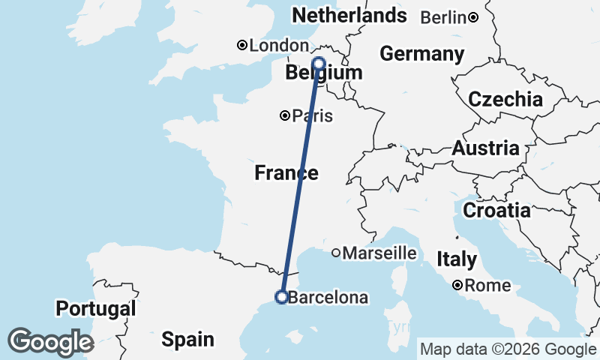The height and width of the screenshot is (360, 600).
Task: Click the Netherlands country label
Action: (349, 15)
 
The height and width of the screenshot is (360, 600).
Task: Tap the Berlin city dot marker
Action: (473, 17)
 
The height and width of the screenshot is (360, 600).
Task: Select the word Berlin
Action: (443, 17)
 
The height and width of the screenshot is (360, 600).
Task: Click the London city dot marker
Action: (242, 45)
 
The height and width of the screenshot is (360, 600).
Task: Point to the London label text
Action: (278, 46)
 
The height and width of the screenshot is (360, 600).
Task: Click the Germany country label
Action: (421, 54)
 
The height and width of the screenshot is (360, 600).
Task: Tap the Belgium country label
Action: (324, 73)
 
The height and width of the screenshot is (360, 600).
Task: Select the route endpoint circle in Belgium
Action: (319, 63)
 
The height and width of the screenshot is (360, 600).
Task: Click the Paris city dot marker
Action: (285, 115)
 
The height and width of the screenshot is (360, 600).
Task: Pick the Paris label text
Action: (313, 116)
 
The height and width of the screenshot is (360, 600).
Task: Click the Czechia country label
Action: (505, 100)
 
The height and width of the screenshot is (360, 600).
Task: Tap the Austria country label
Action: (485, 148)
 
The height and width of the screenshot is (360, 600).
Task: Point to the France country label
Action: (286, 173)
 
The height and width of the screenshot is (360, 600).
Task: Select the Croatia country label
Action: (496, 211)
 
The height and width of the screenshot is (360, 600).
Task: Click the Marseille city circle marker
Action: (336, 253)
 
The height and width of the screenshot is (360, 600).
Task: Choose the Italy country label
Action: (457, 259)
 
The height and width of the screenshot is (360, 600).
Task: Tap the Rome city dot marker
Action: (457, 285)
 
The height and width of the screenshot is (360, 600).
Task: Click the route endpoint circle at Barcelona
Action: (281, 297)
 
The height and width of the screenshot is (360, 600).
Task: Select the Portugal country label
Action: (96, 308)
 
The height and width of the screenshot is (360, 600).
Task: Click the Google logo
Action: (50, 341)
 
